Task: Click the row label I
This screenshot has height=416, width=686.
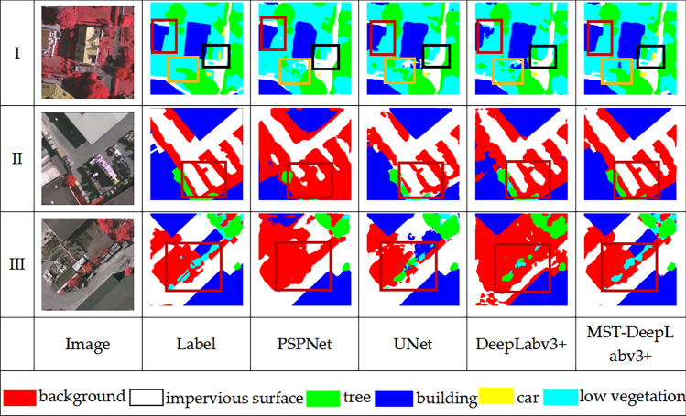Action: pyautogui.click(x=17, y=53)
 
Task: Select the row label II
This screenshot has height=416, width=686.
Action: pyautogui.click(x=17, y=159)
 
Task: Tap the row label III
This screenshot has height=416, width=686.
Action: pyautogui.click(x=17, y=265)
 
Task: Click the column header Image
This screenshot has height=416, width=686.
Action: pyautogui.click(x=88, y=344)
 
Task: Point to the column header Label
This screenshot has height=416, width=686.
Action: pyautogui.click(x=194, y=344)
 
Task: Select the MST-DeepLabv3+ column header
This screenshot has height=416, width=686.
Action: pyautogui.click(x=630, y=344)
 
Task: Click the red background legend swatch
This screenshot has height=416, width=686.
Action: pyautogui.click(x=21, y=397)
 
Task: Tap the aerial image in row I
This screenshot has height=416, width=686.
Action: pyautogui.click(x=88, y=52)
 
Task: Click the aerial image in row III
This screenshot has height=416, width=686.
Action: pyautogui.click(x=88, y=265)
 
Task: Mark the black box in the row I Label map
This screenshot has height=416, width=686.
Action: pyautogui.click(x=216, y=55)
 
